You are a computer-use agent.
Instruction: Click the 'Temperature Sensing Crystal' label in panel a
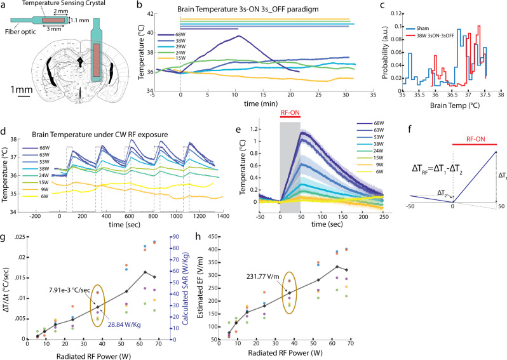point(62,4)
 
